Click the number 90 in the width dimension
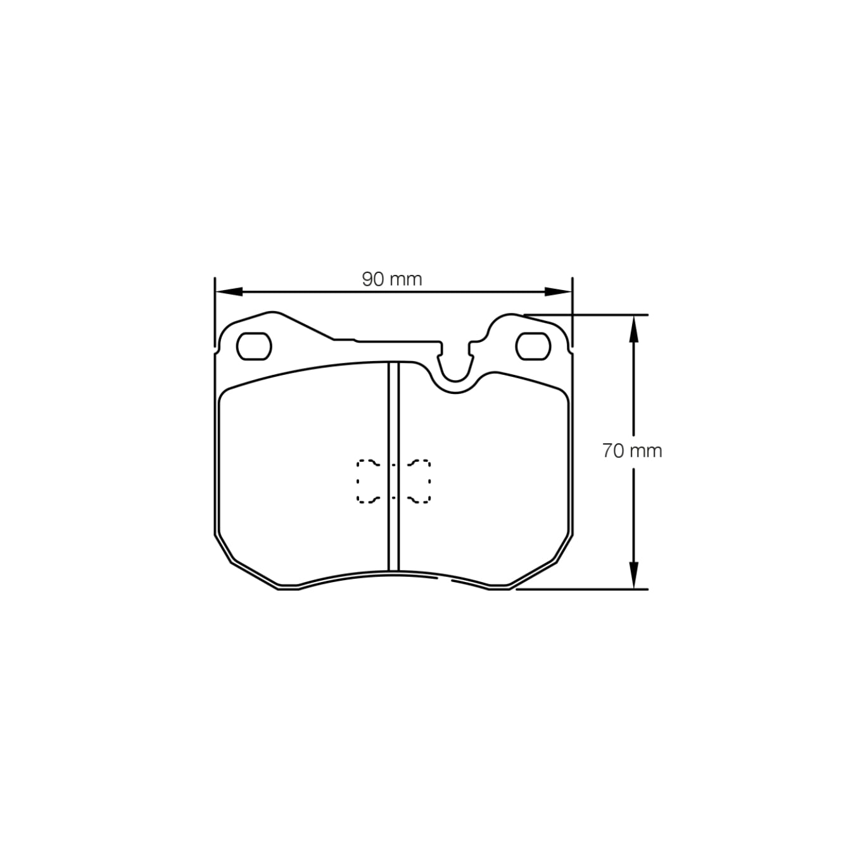(x=374, y=279)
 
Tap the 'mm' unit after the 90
(x=405, y=279)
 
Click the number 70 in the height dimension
(x=614, y=451)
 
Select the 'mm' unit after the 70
(x=645, y=451)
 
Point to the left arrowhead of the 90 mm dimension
(x=228, y=291)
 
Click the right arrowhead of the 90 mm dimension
(x=559, y=291)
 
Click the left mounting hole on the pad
(x=254, y=346)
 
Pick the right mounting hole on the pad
(x=532, y=346)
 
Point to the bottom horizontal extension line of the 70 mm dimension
(x=583, y=589)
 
